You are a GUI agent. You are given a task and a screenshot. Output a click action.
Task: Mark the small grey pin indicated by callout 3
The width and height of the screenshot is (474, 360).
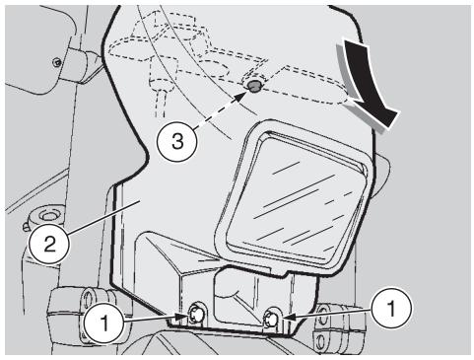pos(254,87)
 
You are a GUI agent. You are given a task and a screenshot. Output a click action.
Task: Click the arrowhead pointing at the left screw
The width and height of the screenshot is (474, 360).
pos(177,318)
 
